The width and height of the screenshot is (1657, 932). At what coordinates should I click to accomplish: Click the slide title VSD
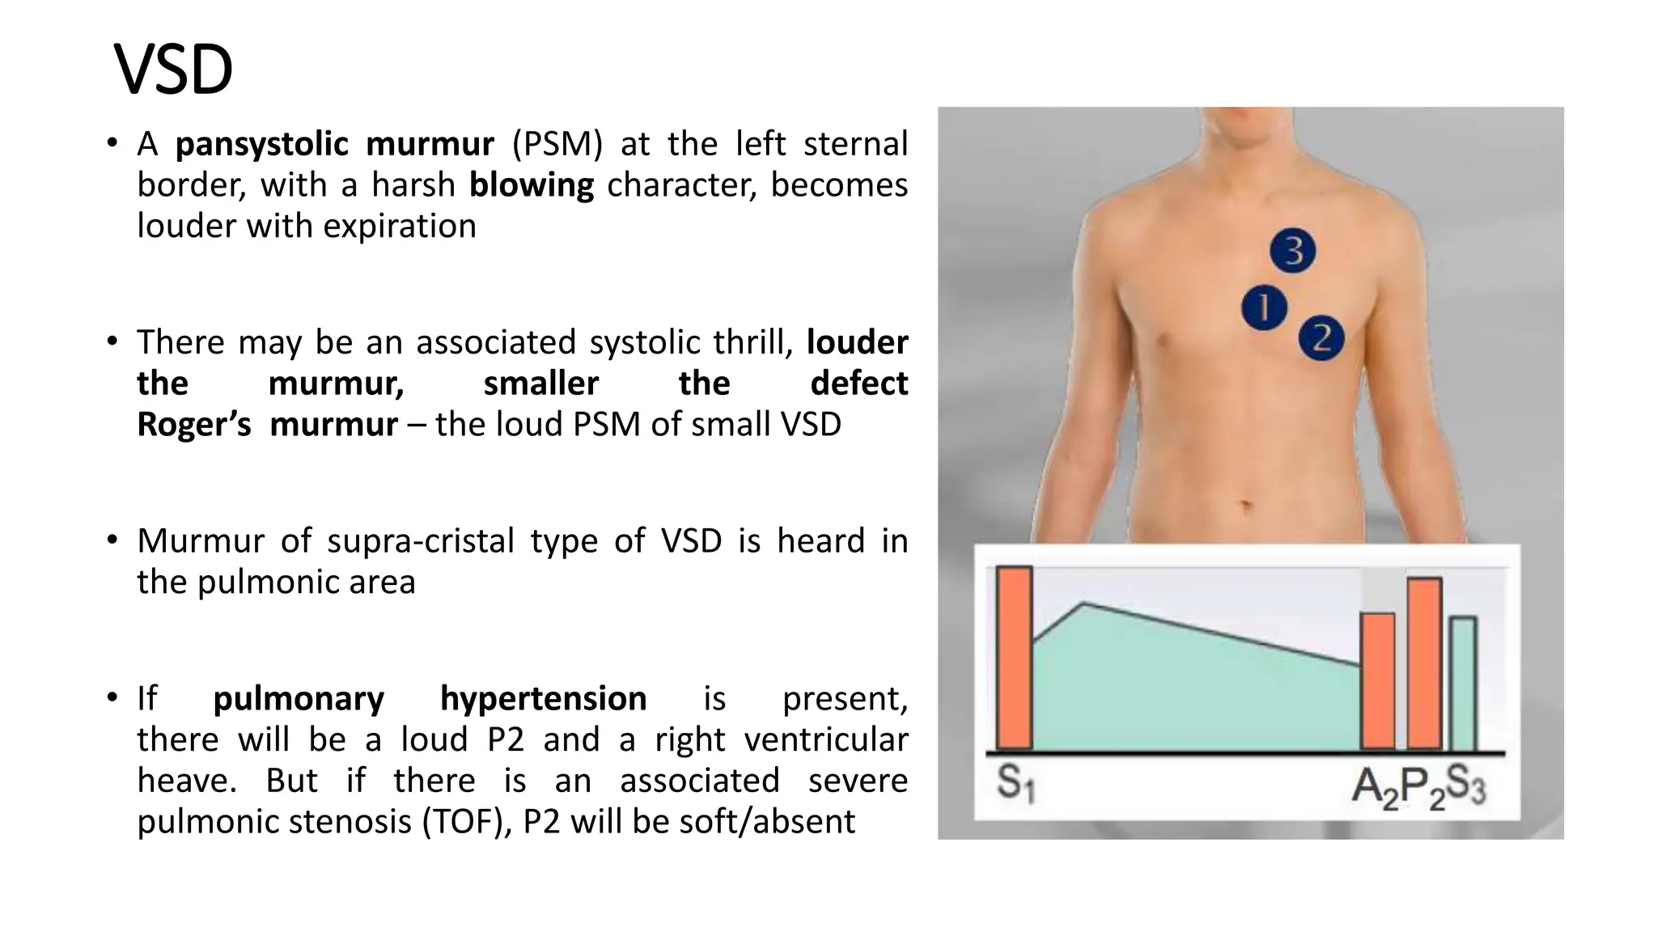173,70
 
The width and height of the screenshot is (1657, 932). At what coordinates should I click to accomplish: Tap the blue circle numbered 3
1292,251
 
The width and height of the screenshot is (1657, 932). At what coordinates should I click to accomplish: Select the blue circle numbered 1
1264,307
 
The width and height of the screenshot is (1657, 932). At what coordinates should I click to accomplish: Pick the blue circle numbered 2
1320,338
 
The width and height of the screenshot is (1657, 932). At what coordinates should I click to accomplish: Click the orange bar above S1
1014,657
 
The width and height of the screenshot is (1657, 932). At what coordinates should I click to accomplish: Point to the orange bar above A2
1377,680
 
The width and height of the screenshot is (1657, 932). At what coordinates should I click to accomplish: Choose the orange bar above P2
1424,663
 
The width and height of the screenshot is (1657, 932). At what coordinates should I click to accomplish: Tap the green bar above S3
1462,683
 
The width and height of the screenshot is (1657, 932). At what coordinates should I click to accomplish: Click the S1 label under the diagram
1015,783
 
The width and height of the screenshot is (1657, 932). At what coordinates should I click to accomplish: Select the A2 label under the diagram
1373,786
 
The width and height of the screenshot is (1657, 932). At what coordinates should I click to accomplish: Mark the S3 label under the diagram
1465,785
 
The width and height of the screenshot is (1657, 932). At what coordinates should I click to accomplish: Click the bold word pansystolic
261,144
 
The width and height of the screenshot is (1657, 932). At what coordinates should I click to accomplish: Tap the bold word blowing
531,185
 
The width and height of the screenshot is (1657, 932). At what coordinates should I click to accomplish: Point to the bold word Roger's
194,424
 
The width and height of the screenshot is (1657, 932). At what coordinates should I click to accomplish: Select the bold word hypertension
543,698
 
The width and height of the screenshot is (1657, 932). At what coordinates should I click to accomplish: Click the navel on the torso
1247,508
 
